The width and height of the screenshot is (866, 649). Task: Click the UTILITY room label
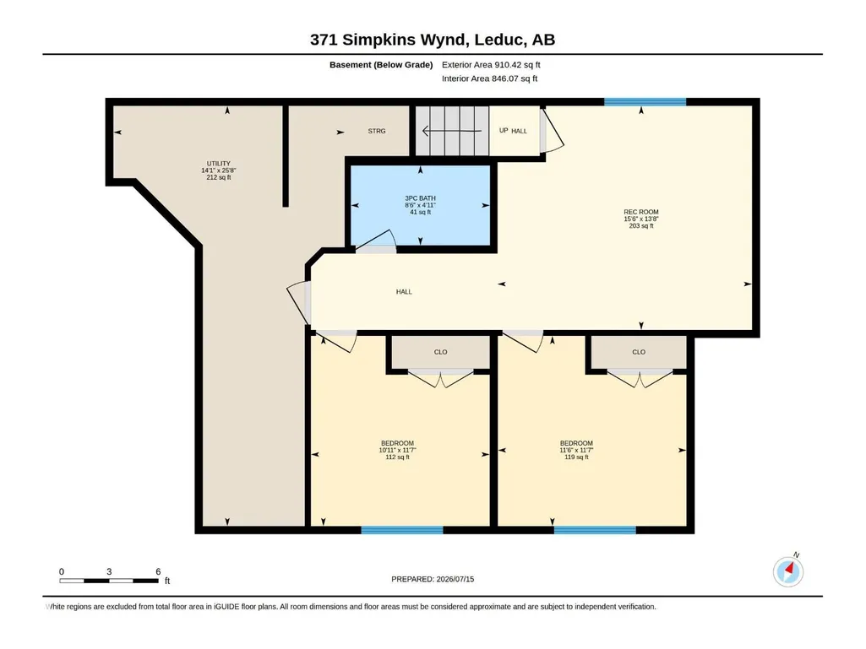219,164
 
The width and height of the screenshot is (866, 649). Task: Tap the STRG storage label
377,132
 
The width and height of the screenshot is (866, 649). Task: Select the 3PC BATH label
420,198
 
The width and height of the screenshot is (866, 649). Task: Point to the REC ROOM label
641,212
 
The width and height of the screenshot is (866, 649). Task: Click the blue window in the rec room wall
645,102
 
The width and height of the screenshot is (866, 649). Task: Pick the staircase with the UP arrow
452,131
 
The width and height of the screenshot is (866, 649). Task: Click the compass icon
788,571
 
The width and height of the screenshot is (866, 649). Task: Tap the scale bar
109,581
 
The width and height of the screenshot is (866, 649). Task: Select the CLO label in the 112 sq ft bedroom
441,352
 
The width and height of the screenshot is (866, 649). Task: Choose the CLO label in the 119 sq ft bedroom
639,352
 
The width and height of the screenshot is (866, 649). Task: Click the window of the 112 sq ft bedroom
402,530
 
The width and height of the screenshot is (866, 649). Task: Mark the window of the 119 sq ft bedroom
595,530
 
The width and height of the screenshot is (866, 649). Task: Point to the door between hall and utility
299,302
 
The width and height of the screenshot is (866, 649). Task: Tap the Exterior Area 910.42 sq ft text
491,65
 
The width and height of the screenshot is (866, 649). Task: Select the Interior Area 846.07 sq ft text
489,78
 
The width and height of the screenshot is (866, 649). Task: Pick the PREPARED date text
433,580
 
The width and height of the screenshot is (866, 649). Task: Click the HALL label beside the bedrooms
404,292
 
